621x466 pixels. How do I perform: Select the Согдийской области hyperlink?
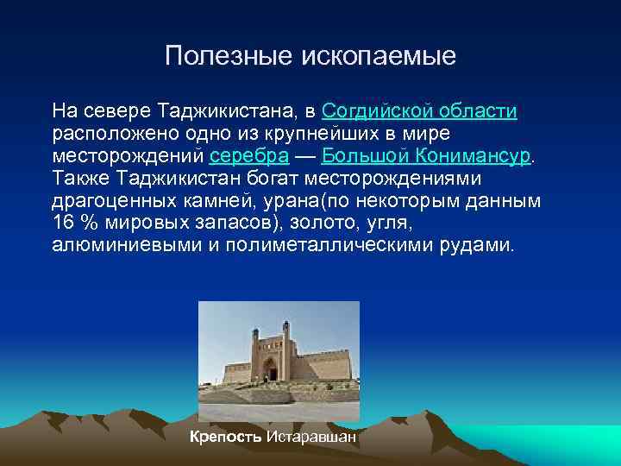tap(419, 111)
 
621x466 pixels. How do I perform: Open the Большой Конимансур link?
tap(427, 156)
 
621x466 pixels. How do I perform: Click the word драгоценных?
tap(106, 201)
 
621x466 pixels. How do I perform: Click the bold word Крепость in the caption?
tap(226, 436)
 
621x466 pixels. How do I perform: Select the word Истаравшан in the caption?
tap(310, 436)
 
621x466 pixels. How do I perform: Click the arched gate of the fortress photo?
tap(271, 368)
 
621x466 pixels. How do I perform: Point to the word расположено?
tap(110, 134)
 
